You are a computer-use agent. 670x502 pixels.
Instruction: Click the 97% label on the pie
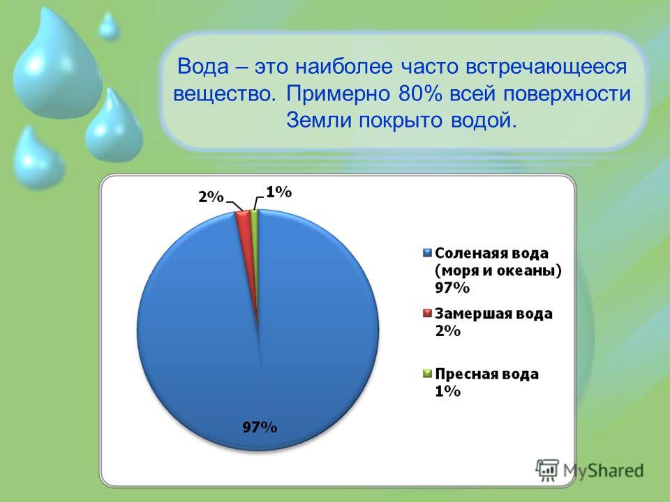(260, 427)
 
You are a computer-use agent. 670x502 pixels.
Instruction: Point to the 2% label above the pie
(211, 197)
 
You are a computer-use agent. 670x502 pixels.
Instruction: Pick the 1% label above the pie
(279, 192)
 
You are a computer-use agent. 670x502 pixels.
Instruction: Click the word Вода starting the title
(202, 67)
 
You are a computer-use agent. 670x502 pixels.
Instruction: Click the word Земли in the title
(319, 121)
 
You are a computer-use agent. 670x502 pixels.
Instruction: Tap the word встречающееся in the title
(546, 68)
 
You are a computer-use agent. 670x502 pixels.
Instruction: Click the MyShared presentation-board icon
(547, 471)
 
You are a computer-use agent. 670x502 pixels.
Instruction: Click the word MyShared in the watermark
(603, 471)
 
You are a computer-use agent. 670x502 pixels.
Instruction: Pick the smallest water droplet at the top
(109, 26)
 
